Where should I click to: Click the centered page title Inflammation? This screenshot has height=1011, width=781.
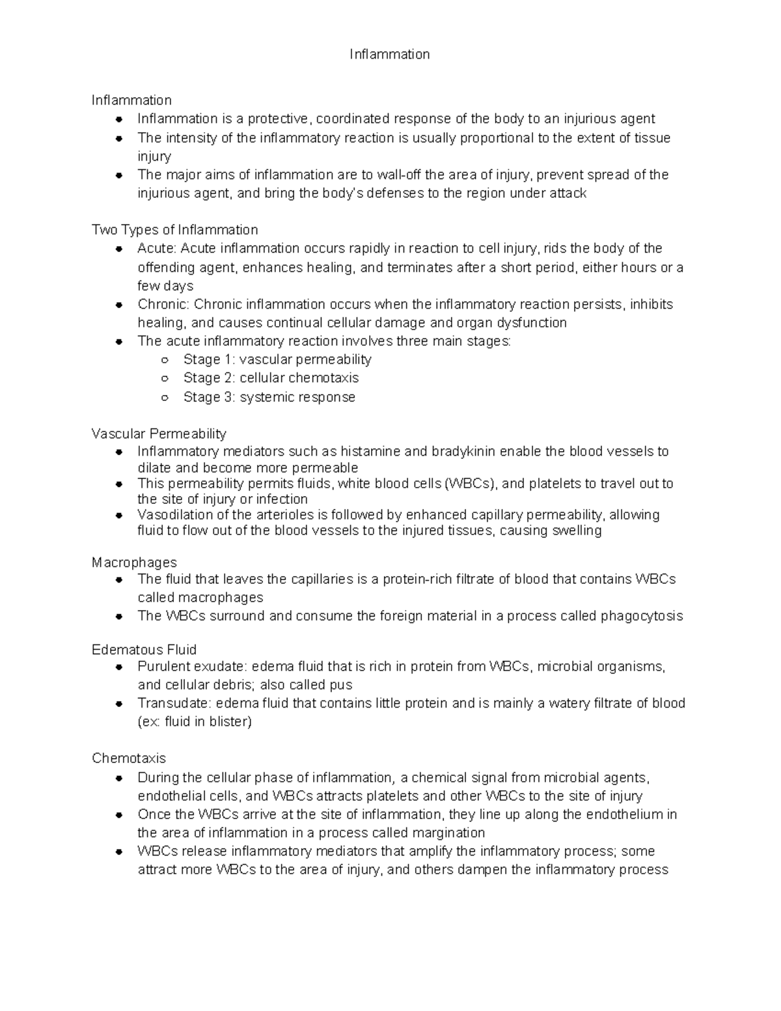tap(389, 55)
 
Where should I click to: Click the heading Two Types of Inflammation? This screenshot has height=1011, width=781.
tap(174, 230)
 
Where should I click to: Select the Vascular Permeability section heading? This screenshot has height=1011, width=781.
tap(159, 434)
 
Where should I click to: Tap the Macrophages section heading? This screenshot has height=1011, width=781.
tap(134, 562)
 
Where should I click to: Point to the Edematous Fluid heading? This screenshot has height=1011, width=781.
tap(144, 650)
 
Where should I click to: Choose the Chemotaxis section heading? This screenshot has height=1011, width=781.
tap(129, 758)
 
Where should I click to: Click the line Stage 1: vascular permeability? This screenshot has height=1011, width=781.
tap(277, 359)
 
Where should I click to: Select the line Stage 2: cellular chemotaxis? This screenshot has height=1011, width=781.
tap(271, 378)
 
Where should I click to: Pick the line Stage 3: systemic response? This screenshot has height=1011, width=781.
tap(269, 397)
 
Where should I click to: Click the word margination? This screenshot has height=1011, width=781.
tap(445, 833)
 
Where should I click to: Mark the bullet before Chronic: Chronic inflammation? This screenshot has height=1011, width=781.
tap(118, 305)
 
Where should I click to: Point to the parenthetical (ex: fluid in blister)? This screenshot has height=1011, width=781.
tap(195, 722)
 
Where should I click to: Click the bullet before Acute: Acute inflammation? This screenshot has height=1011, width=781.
tap(118, 249)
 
